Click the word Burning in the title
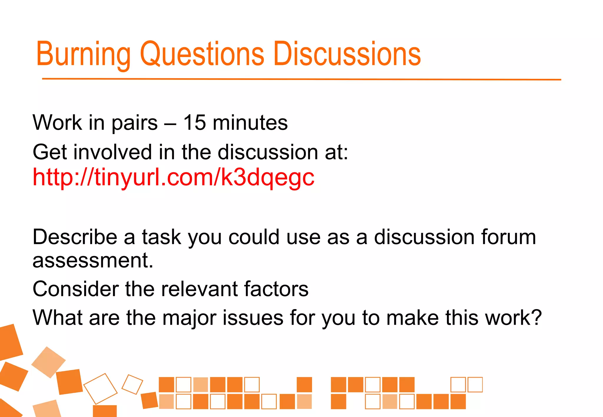[x=83, y=54]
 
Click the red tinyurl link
[x=173, y=178]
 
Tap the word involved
[x=112, y=152]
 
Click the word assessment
[x=93, y=261]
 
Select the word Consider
[x=76, y=289]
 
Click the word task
[x=161, y=237]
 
